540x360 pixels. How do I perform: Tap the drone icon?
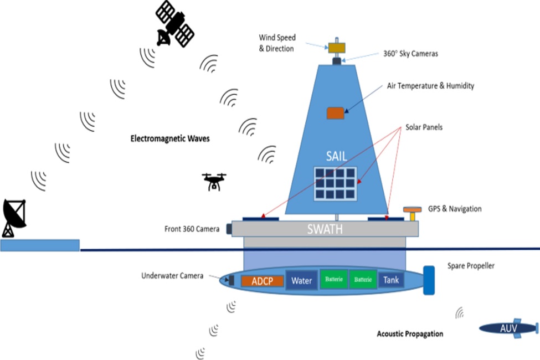click(214, 181)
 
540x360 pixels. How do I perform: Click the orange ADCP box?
click(263, 280)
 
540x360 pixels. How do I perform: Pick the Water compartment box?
click(302, 280)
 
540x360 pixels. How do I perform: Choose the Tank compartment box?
click(391, 280)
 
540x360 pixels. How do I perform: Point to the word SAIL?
click(336, 156)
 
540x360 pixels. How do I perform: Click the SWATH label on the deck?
click(326, 229)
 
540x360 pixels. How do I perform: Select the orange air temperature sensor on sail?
click(334, 113)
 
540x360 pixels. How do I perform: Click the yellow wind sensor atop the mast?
click(336, 48)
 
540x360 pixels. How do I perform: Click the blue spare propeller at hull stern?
click(429, 280)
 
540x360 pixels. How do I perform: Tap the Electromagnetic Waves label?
click(170, 138)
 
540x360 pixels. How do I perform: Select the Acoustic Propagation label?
click(410, 334)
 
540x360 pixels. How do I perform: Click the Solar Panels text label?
click(424, 127)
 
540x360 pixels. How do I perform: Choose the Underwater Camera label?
click(172, 275)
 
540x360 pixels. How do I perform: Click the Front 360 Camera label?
click(192, 229)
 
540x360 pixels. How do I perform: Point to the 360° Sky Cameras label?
click(410, 54)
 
